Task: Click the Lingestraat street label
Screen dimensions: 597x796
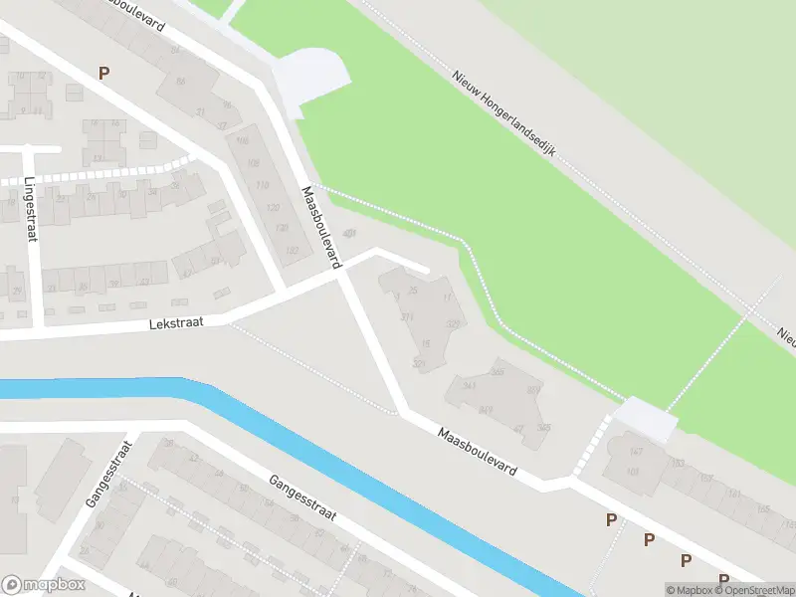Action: [30, 210]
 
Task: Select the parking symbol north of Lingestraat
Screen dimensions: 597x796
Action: [103, 73]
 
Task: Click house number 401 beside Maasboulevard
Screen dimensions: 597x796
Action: [348, 234]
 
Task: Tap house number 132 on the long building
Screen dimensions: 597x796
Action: [292, 250]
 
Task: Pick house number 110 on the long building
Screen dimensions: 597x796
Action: [262, 185]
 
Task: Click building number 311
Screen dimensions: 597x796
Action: [406, 316]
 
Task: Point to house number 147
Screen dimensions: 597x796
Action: [634, 452]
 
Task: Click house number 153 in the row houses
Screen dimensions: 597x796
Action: [679, 464]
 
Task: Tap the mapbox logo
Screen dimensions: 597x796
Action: [44, 585]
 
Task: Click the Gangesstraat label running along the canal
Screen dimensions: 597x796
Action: [303, 499]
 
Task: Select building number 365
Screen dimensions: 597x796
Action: [497, 371]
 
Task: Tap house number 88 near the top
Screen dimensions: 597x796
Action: [179, 80]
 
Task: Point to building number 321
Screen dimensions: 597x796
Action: [419, 365]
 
